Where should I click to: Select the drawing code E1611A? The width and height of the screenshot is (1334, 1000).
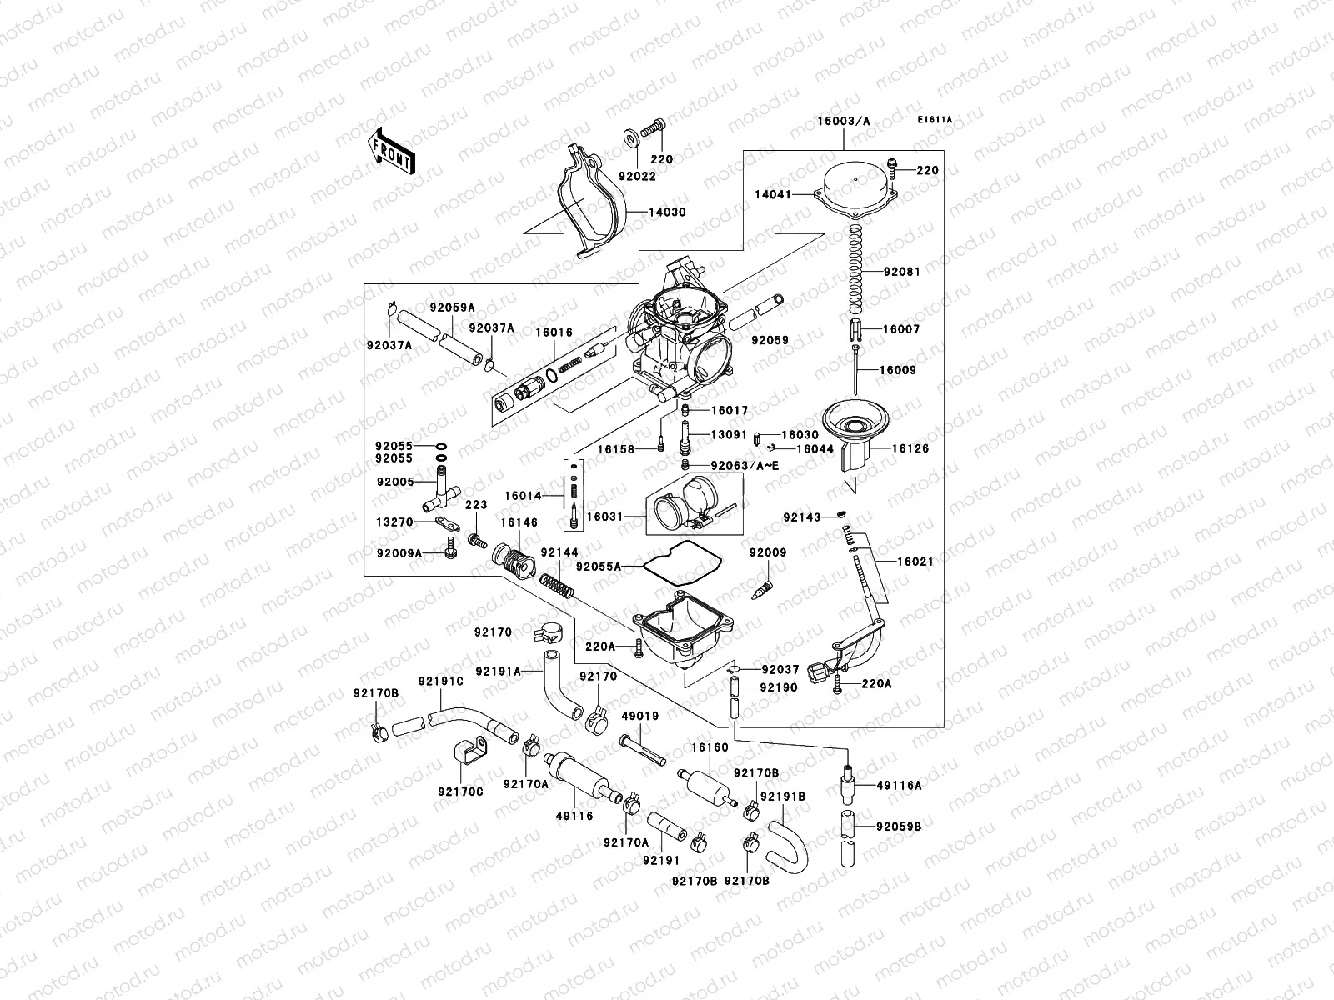coord(935,120)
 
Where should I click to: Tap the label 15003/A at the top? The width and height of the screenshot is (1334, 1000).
coord(843,122)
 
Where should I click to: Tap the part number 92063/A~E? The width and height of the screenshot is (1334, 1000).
coord(744,465)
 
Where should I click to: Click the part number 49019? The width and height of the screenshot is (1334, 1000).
coord(640,716)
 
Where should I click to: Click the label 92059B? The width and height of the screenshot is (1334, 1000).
coord(899,827)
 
